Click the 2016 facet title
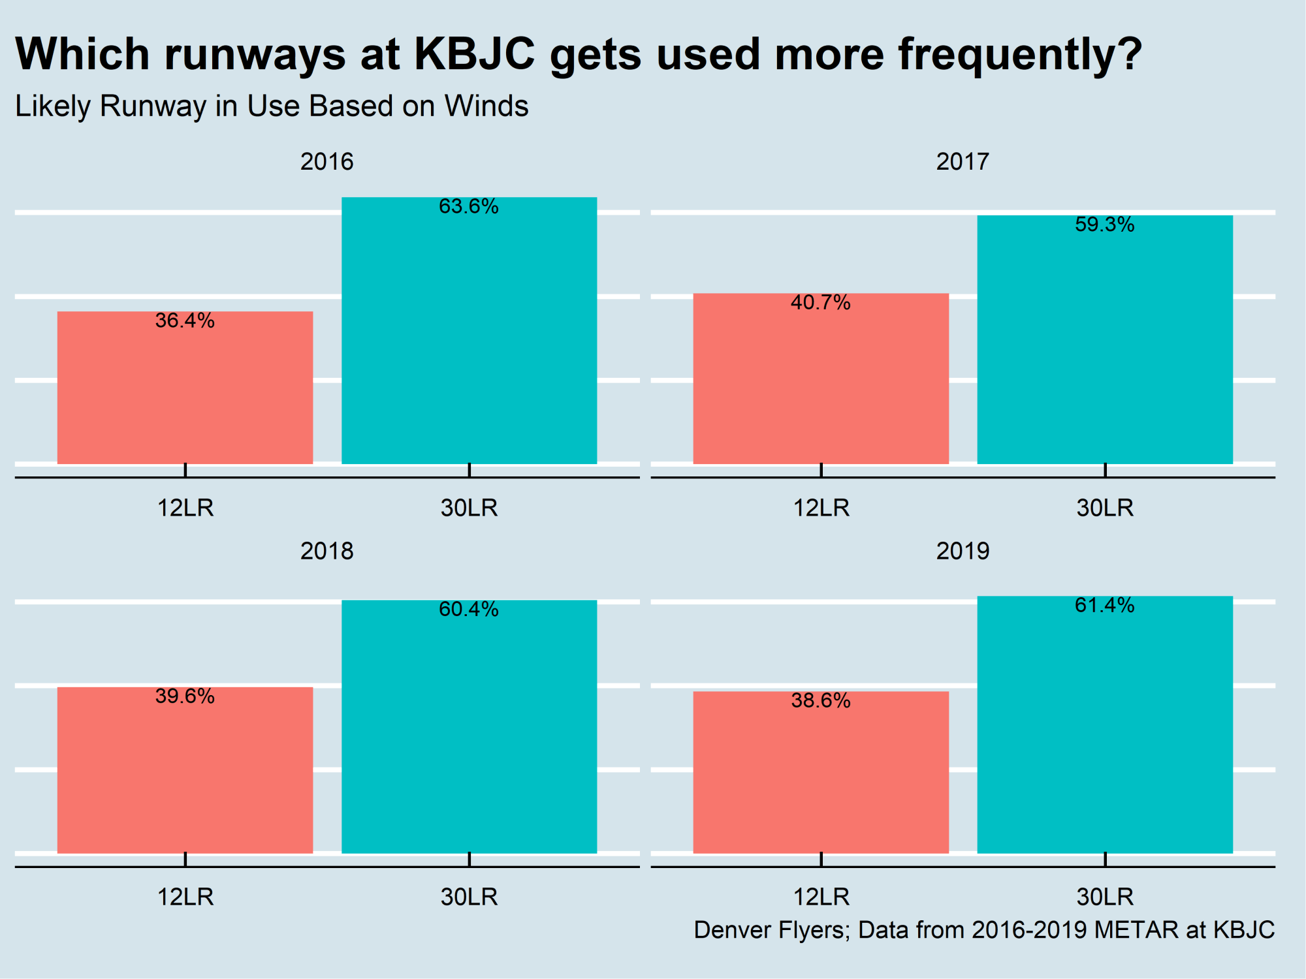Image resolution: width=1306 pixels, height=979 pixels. point(326,162)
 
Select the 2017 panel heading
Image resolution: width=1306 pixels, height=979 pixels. point(963,162)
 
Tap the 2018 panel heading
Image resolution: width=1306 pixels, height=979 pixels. point(326,552)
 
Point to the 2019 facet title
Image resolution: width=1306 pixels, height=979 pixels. point(963,552)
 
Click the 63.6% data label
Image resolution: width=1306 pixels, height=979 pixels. point(469,207)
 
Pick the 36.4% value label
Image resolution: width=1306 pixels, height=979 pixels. point(185,321)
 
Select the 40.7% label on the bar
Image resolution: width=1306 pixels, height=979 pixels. point(821,303)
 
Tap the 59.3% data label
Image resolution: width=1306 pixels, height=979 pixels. point(1105,225)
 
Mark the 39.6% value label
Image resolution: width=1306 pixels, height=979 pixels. point(185,696)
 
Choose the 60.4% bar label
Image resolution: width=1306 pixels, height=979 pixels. point(469,610)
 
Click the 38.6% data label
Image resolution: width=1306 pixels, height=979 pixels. point(821,701)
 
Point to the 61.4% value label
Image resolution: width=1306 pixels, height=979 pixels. point(1105,606)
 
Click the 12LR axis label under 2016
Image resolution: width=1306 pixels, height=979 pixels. point(185,508)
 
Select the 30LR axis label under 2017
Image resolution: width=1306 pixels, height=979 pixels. point(1105,508)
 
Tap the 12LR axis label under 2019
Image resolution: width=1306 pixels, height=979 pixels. point(821,897)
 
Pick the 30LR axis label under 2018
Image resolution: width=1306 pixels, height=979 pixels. point(469,897)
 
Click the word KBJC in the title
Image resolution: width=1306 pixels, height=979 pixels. point(475,54)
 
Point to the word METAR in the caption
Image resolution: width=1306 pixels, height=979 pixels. point(1136,930)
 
